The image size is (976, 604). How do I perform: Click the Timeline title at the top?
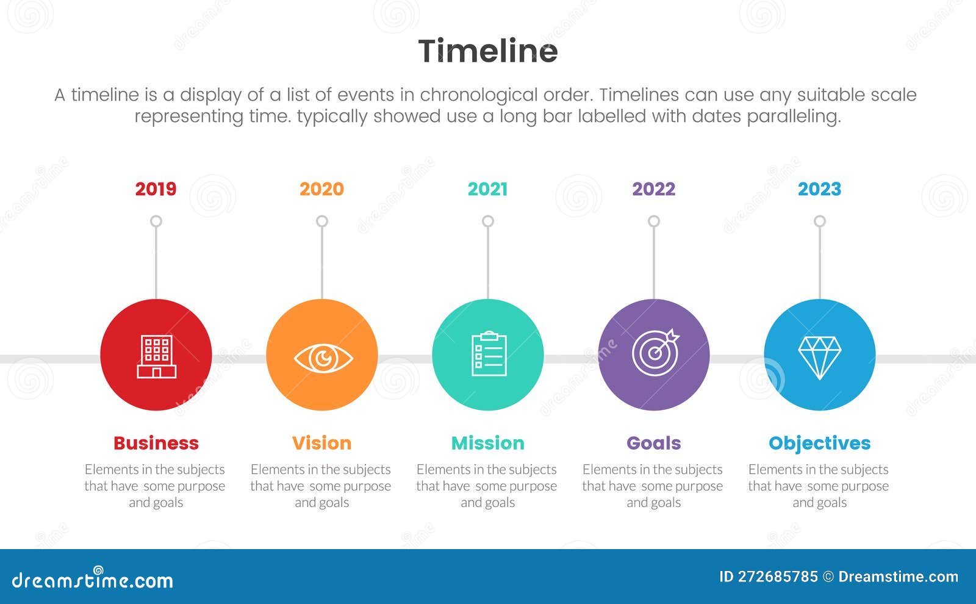pos(487,51)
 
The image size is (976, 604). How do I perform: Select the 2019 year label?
pos(156,189)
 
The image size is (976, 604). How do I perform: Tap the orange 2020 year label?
pos(321,189)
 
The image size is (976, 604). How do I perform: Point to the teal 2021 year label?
pos(487,189)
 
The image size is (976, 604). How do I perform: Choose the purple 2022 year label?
pos(653,189)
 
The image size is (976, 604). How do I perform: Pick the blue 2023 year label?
pos(819,189)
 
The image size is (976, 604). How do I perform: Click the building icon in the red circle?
pos(156,356)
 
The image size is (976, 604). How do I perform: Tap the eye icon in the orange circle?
pos(322,358)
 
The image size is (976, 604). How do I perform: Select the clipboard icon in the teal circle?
pos(489,354)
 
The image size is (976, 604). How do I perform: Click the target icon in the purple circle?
pos(655,353)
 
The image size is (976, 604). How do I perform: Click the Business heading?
pos(156,443)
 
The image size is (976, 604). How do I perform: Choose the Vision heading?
pos(321,443)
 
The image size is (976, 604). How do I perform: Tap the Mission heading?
pos(487,443)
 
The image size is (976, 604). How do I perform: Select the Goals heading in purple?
pos(653,443)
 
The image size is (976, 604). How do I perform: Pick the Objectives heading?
pos(819,443)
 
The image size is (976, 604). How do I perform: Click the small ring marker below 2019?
pos(156,221)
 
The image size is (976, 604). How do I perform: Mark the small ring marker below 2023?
pos(820,221)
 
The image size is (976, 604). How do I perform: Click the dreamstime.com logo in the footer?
pos(93,579)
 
